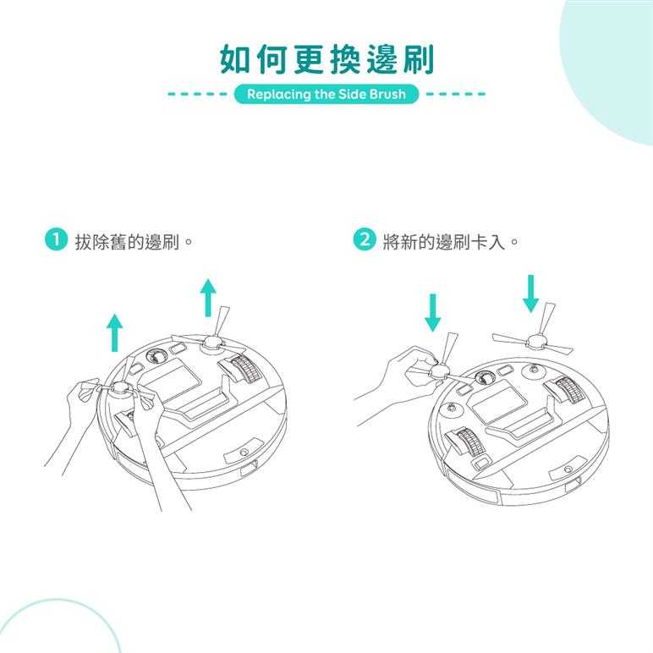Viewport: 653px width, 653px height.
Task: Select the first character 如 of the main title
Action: (235, 59)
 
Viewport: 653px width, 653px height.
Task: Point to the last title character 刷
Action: (419, 59)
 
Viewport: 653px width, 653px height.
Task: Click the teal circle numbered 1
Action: (55, 240)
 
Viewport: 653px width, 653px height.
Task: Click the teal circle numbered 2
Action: (365, 240)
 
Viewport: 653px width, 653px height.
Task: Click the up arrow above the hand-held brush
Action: (115, 332)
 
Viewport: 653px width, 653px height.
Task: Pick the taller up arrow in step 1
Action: (208, 298)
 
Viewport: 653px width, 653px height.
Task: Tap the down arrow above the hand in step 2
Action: (433, 313)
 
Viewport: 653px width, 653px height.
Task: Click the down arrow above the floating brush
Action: (530, 294)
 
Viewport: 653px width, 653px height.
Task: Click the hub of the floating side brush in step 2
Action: (538, 343)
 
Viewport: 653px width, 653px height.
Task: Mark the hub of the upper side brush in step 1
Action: (211, 344)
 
